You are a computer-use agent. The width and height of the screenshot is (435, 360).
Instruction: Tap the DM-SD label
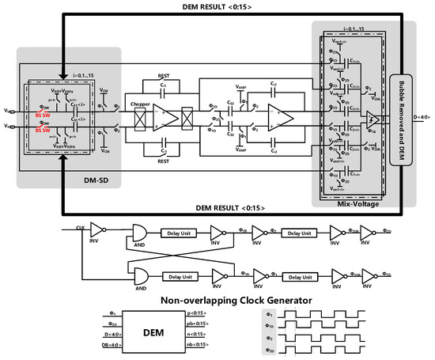coord(76,181)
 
